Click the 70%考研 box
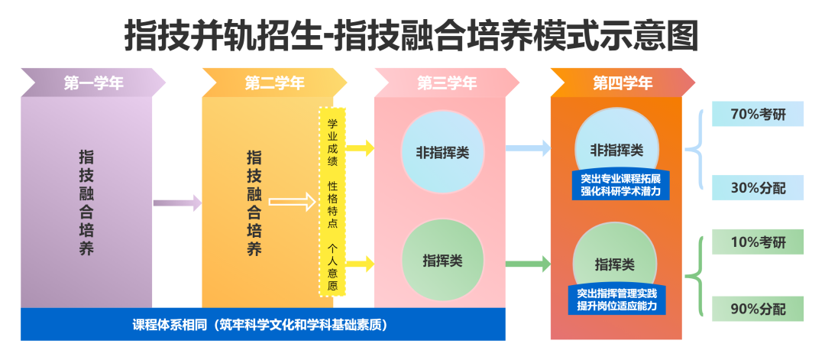758,114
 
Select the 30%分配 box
758,187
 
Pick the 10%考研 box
758,242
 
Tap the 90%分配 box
758,309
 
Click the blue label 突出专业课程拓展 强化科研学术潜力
620,185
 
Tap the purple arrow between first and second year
177,203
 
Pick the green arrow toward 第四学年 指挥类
528,264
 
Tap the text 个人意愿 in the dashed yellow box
333,268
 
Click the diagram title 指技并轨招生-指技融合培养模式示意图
412,35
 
